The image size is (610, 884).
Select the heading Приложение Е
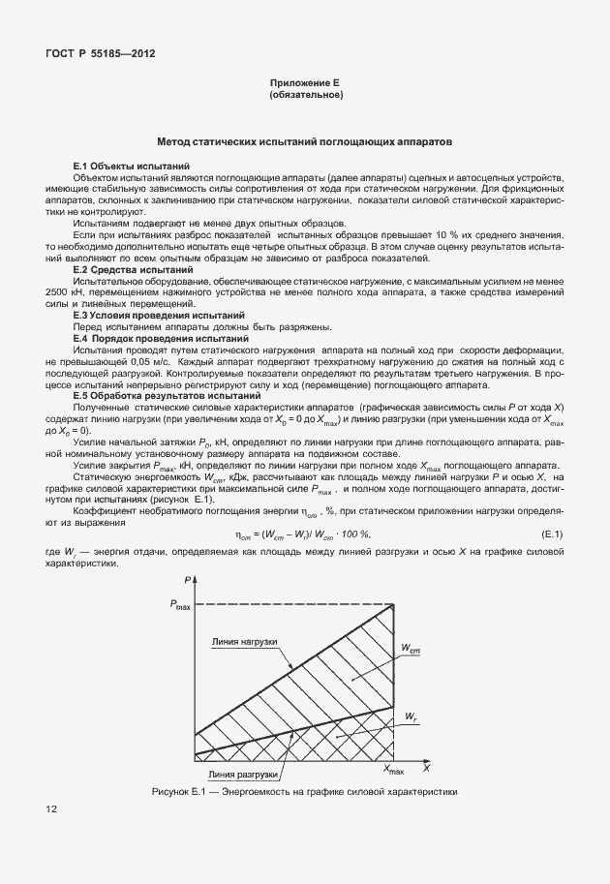[305, 84]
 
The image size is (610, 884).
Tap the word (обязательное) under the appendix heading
[305, 96]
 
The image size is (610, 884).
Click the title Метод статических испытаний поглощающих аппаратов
[305, 141]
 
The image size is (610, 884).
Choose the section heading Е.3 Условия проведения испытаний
[158, 316]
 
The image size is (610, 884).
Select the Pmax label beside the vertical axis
[180, 605]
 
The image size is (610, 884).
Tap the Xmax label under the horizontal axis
[395, 769]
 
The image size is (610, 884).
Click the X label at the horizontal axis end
[425, 767]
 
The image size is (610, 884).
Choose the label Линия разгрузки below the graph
[244, 775]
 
